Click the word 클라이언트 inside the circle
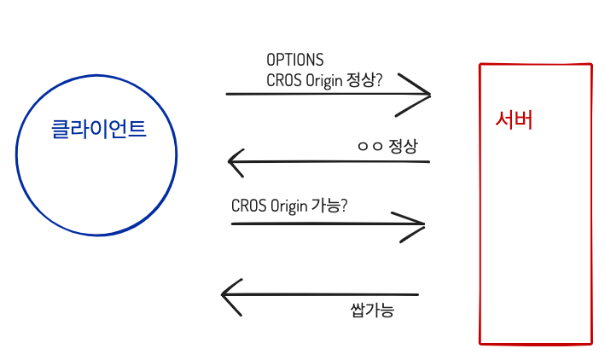coord(98,130)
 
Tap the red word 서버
coord(514,119)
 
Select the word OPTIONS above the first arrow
coord(294,61)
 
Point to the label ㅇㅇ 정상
coord(387,146)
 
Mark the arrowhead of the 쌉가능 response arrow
coord(227,295)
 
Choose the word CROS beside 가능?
coord(248,206)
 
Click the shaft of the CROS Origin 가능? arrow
coord(324,224)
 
